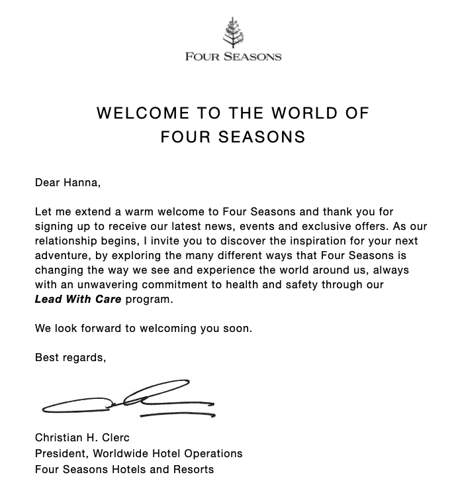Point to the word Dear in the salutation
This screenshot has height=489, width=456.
click(47, 183)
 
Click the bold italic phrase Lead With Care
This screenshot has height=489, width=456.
click(78, 299)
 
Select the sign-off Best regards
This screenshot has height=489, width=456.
click(70, 358)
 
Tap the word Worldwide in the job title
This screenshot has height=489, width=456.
click(122, 454)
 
